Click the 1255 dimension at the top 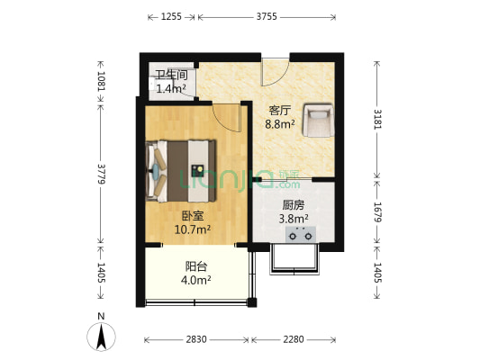(x=171, y=16)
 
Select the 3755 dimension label (x=267, y=16)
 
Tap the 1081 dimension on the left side (x=102, y=81)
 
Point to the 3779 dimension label (x=102, y=174)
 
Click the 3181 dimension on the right (x=377, y=120)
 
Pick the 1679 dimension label (x=377, y=212)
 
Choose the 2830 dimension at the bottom (x=196, y=339)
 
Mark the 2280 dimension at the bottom (x=294, y=339)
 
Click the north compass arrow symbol (x=102, y=337)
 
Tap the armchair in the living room (x=318, y=120)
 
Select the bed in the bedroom (x=181, y=171)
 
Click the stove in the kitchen (x=301, y=235)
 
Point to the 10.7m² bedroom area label (x=193, y=229)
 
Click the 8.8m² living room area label (x=280, y=124)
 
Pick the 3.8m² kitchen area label (x=294, y=219)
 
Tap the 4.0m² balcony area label (x=196, y=280)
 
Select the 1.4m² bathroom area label (x=171, y=89)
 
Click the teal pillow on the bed (x=156, y=171)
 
